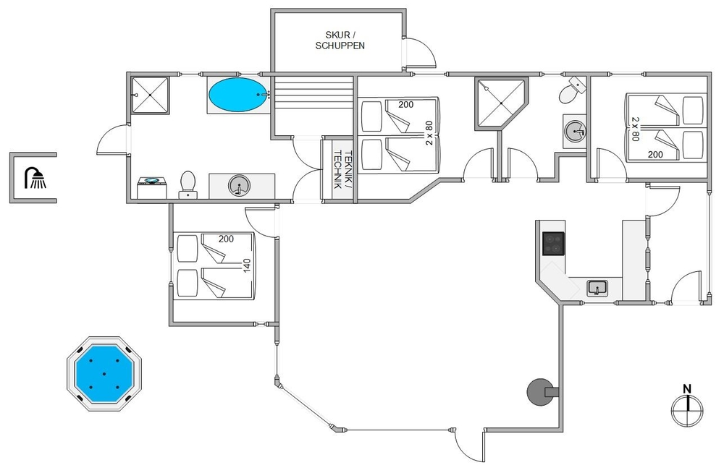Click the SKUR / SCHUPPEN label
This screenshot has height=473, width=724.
(x=340, y=41)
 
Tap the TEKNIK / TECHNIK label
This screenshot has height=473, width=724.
(x=342, y=169)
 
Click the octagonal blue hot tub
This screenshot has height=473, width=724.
(x=104, y=374)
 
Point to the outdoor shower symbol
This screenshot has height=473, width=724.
(x=35, y=178)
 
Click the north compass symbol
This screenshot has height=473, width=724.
(x=687, y=410)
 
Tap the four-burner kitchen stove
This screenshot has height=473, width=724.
(x=553, y=244)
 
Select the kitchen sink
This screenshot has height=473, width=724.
(x=597, y=288)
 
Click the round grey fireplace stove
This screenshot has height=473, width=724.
(x=541, y=392)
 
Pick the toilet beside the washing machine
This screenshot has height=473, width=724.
(x=188, y=185)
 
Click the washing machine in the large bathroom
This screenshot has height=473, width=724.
(x=151, y=188)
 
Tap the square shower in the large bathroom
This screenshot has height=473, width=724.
(x=150, y=95)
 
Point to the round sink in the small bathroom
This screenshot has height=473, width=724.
(x=575, y=132)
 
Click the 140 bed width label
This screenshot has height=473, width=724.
(x=247, y=265)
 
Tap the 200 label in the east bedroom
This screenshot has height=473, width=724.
(x=655, y=155)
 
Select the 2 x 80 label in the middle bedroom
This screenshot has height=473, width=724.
(x=429, y=133)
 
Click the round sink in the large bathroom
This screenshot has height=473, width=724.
(x=239, y=185)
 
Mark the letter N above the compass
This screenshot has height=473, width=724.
(x=687, y=389)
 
